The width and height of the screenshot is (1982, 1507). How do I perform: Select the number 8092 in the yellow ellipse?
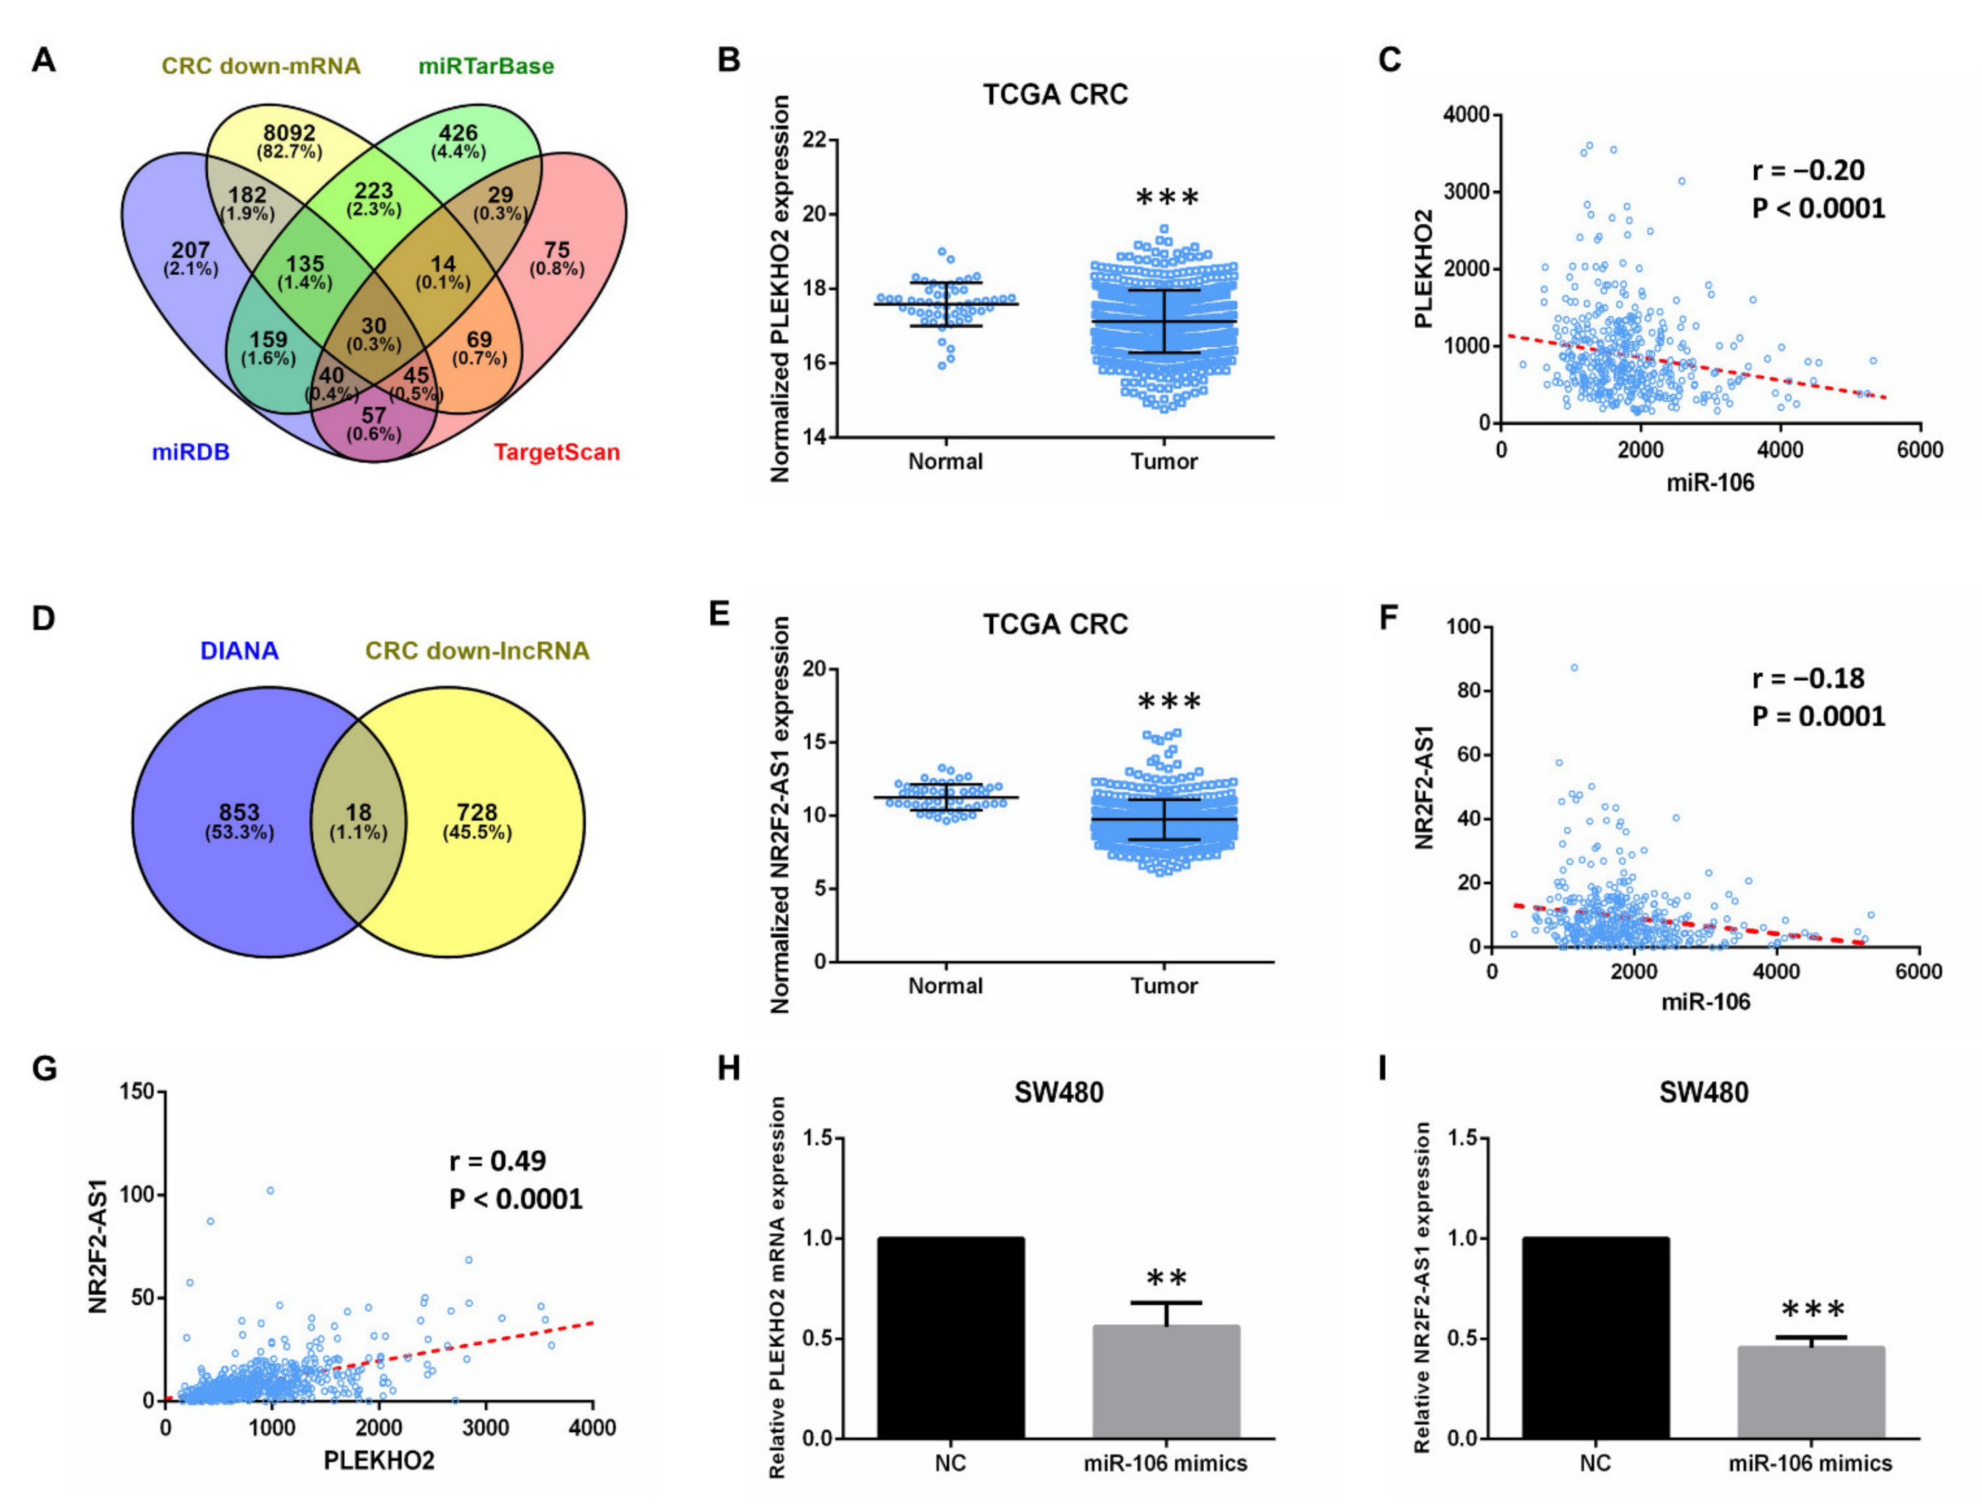pyautogui.click(x=289, y=134)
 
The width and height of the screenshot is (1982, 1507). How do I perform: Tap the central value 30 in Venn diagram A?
pyautogui.click(x=373, y=326)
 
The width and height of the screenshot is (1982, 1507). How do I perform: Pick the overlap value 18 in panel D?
pyautogui.click(x=358, y=812)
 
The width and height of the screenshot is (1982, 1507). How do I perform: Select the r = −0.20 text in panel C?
pyautogui.click(x=1808, y=170)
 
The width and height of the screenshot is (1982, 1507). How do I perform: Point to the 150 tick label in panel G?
pyautogui.click(x=138, y=1092)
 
